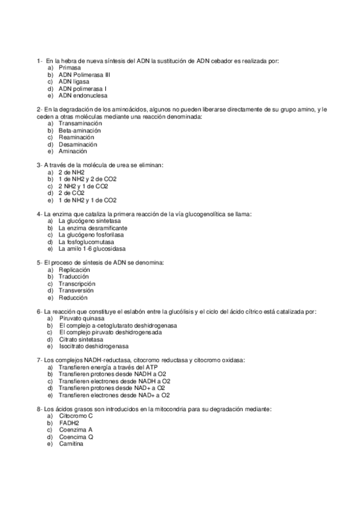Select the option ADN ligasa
coord(74,82)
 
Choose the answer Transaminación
coord(80,124)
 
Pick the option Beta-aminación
coord(80,131)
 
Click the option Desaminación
coord(79,144)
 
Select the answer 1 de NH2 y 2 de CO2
coord(87,180)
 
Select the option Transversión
coord(77,290)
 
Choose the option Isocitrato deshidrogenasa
coord(94,346)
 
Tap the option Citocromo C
coord(76,416)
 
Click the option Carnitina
coord(72,444)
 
